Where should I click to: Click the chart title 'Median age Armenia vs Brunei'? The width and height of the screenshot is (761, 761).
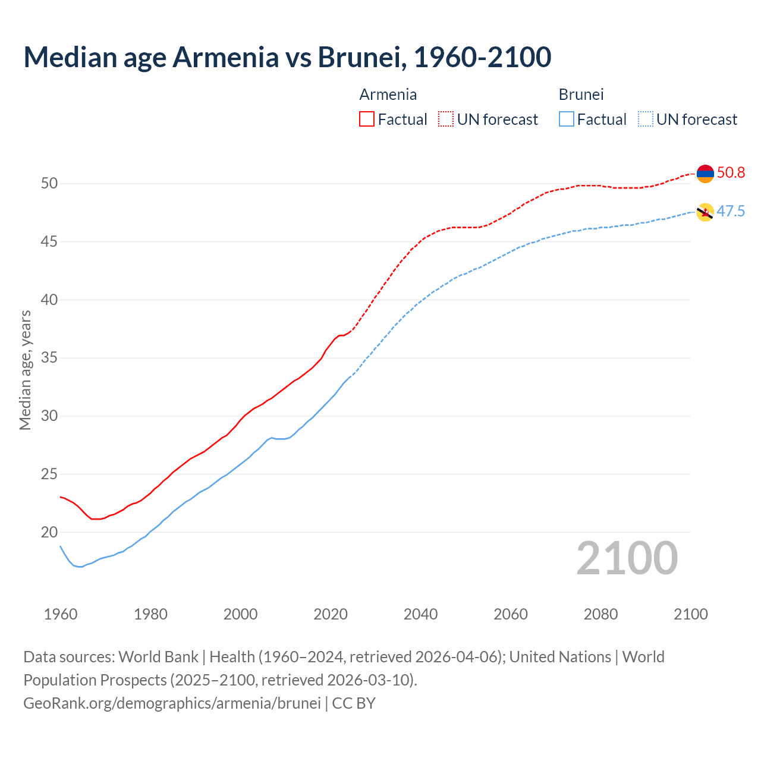[287, 57]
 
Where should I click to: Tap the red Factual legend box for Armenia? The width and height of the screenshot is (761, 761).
[367, 120]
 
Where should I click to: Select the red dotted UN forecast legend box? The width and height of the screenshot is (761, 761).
[446, 120]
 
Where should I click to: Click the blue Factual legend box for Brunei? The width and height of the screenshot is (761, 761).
[567, 120]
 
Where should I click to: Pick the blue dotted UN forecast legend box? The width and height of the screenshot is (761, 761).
[645, 120]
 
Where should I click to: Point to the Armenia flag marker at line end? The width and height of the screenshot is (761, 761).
[705, 174]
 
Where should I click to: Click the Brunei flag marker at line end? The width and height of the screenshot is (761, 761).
[705, 212]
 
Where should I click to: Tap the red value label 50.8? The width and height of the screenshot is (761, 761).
[731, 173]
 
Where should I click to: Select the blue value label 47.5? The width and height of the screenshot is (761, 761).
[731, 212]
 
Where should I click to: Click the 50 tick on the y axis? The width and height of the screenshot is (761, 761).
[49, 184]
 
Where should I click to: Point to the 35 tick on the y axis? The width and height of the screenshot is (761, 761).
[49, 358]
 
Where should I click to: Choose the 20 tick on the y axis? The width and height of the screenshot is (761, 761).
[49, 533]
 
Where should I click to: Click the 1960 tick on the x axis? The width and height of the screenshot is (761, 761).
[61, 614]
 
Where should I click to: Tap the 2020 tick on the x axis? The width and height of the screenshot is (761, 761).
[331, 614]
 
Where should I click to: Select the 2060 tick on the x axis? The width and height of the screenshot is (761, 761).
[511, 614]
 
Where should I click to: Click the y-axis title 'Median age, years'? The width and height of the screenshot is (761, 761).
[25, 370]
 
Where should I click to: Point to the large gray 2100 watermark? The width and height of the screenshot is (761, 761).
[627, 558]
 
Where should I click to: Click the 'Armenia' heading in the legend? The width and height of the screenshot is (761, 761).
[388, 95]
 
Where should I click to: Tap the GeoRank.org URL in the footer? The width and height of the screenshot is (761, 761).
[172, 703]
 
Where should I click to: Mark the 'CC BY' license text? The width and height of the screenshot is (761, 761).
[354, 703]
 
